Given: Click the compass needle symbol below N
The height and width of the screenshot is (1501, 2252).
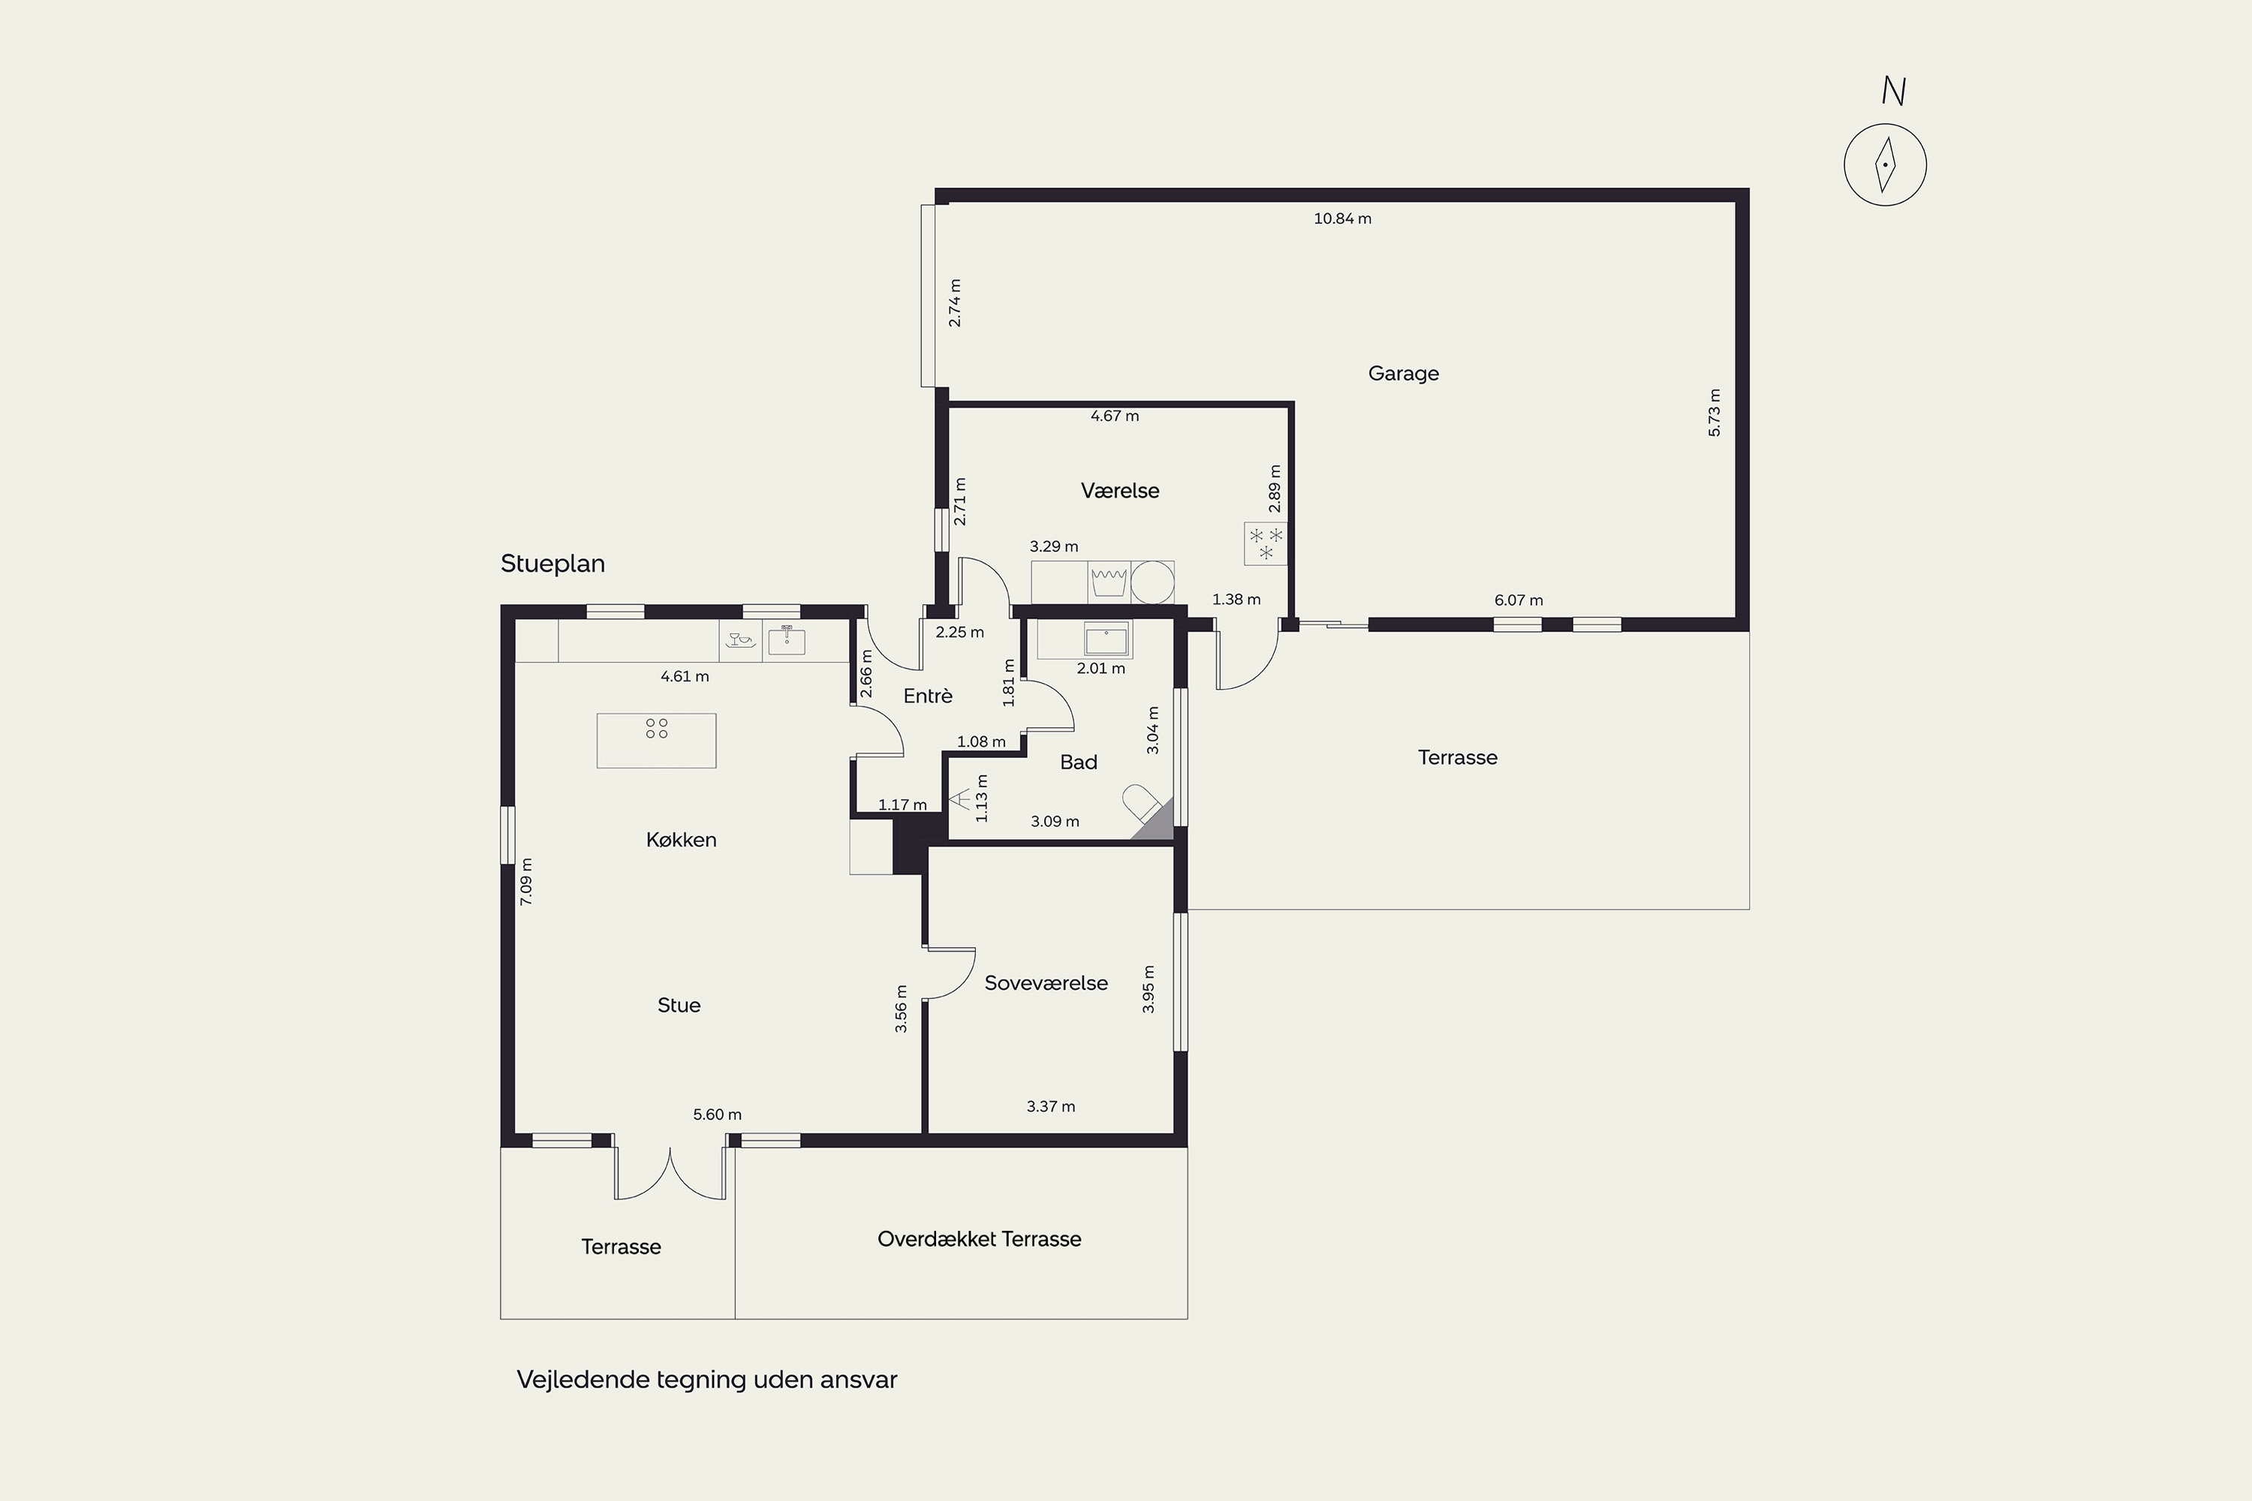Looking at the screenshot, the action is (x=1885, y=164).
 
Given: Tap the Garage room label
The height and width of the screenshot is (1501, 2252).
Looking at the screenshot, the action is (x=1403, y=373).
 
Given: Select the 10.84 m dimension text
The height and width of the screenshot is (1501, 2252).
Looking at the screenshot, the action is (x=1342, y=218).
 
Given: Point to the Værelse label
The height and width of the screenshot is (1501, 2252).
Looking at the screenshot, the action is (x=1119, y=490).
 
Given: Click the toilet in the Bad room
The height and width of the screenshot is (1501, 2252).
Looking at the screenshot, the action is (x=1143, y=803).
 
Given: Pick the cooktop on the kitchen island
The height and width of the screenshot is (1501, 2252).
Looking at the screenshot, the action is (x=657, y=729).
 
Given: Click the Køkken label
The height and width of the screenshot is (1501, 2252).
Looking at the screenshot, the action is (x=681, y=840).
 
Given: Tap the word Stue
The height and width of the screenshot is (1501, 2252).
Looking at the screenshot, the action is (x=679, y=1005).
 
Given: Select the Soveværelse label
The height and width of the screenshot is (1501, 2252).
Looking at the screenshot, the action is (x=1046, y=983).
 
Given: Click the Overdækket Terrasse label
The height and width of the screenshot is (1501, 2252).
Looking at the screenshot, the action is (x=979, y=1239).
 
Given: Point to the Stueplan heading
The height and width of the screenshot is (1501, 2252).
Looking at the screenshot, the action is (x=552, y=564).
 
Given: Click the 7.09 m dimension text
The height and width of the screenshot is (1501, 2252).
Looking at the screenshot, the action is (x=525, y=882).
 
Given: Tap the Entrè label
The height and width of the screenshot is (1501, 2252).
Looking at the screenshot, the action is (x=928, y=696).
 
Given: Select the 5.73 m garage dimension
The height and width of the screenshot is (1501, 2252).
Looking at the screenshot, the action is (x=1714, y=413).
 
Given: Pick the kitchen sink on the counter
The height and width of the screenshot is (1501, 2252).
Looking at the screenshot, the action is (x=786, y=639).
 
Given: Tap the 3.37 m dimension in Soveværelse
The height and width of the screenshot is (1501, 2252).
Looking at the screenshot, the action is (x=1050, y=1106).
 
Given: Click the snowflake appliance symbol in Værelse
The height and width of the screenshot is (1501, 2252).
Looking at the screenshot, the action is (x=1265, y=543).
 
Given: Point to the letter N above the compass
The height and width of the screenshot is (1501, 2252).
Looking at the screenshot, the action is (x=1893, y=91).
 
